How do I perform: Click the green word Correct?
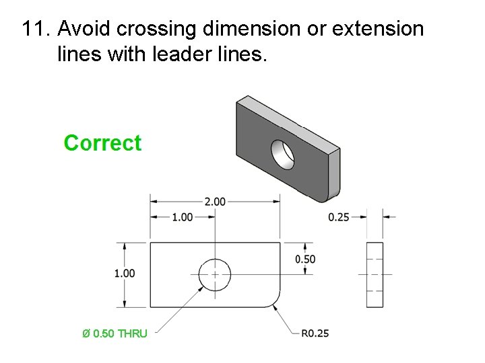point(102,143)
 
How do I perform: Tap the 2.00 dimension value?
point(214,200)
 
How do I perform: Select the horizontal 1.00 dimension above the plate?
point(183,216)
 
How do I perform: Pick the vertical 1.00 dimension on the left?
point(125,273)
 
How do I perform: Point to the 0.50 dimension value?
point(305,259)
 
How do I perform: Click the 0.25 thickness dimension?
point(339,216)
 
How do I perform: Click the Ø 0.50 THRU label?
point(115,333)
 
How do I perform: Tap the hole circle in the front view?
point(215,274)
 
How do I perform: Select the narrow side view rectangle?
point(374,274)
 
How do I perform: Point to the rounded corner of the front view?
point(273,299)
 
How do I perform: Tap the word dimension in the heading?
point(249,29)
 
